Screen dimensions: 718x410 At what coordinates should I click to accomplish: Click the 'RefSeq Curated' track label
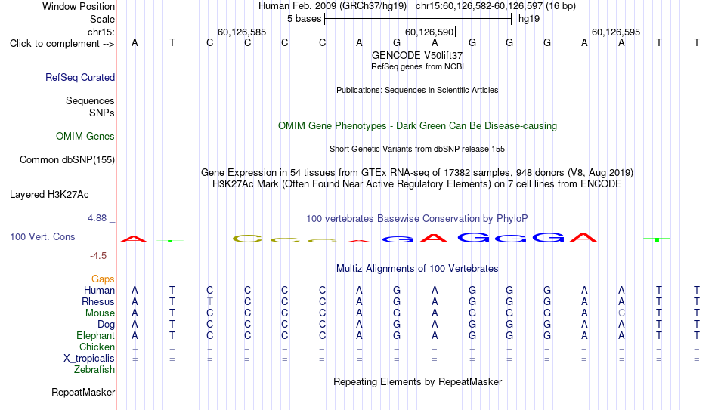(80, 77)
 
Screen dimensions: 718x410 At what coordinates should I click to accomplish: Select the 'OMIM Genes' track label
(85, 137)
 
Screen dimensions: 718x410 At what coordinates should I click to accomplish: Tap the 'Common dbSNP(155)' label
(67, 160)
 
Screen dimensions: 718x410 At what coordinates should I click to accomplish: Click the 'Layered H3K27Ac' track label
(49, 195)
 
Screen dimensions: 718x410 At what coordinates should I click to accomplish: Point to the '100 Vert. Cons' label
(42, 236)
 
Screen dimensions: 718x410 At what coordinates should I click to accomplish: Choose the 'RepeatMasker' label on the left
(83, 392)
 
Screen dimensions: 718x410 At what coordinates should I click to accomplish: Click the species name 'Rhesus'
(98, 301)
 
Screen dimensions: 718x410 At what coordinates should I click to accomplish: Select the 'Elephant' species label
(96, 335)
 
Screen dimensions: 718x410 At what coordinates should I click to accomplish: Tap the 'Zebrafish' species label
(94, 369)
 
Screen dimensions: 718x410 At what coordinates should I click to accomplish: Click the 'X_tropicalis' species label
(89, 359)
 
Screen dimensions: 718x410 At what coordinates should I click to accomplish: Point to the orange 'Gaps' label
(103, 279)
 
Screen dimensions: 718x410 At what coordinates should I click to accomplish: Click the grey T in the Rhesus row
(209, 301)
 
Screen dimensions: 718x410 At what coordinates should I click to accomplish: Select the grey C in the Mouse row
(621, 313)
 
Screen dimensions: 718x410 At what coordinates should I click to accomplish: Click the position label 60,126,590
(429, 32)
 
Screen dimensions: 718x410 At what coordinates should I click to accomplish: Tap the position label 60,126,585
(242, 32)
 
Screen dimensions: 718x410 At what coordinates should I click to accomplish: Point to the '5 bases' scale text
(305, 19)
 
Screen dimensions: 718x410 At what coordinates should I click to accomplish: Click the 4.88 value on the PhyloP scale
(97, 218)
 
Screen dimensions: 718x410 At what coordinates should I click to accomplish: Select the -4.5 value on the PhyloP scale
(98, 256)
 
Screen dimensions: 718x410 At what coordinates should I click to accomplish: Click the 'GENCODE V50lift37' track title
(417, 55)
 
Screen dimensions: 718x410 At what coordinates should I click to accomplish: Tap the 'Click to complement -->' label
(62, 44)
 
